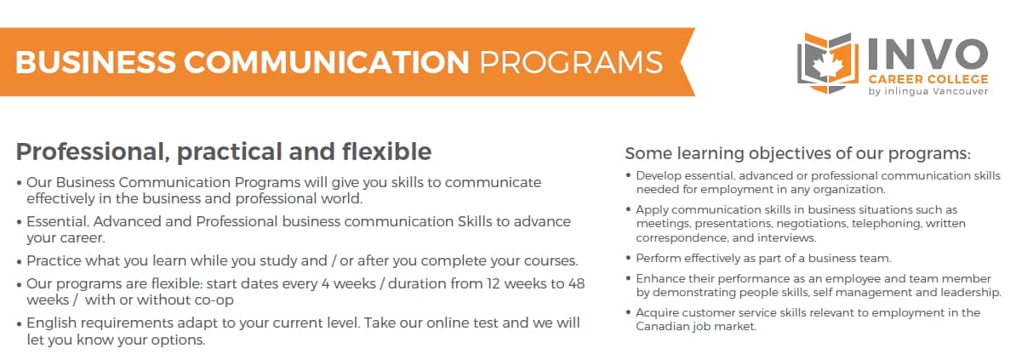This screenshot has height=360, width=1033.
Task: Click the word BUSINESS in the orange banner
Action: (x=96, y=62)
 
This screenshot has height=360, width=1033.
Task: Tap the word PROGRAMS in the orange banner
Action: (x=571, y=62)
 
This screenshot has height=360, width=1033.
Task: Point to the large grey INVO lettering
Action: (x=927, y=54)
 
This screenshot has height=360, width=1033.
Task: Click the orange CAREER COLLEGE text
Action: (x=928, y=79)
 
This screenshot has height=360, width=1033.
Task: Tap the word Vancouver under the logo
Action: (x=960, y=91)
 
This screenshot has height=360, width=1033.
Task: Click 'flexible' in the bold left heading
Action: (x=386, y=151)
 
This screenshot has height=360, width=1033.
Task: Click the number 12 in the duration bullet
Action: (x=493, y=283)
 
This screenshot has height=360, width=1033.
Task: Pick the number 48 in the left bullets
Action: (x=576, y=283)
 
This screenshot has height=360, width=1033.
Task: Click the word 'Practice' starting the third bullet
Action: (x=54, y=260)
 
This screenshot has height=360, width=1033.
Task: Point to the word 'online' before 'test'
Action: (x=447, y=323)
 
